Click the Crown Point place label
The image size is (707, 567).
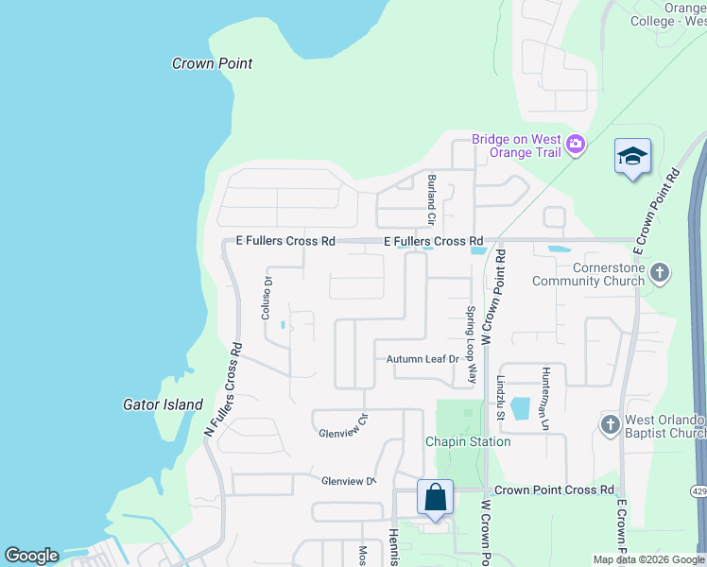pos(212,63)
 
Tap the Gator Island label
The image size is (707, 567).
pos(163,404)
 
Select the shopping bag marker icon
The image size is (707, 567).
pos(435,497)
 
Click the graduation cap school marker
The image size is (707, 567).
pos(632,156)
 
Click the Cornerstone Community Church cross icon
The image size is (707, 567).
pos(660,274)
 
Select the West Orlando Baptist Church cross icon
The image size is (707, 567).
pos(610,425)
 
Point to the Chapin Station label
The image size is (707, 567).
pos(467,441)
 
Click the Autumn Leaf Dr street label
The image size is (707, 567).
pos(422,359)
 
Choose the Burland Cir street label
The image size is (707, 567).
pos(431,198)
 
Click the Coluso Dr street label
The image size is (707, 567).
pos(267,299)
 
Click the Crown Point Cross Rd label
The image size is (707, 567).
pos(553,490)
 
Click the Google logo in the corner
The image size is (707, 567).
pos(31,556)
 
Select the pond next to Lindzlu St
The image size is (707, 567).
pos(520,407)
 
